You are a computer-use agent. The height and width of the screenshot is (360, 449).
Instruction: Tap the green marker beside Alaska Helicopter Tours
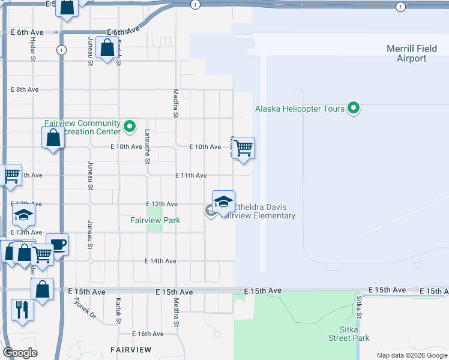[x=354, y=109]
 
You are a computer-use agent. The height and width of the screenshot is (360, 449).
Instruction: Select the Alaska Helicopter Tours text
[x=300, y=109]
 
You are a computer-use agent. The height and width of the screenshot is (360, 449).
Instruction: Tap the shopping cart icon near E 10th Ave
[x=243, y=147]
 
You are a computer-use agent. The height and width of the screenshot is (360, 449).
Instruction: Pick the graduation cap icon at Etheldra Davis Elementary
[x=223, y=201]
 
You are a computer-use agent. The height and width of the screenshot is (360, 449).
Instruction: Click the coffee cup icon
[x=58, y=244]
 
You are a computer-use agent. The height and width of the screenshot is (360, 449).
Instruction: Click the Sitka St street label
[x=358, y=307]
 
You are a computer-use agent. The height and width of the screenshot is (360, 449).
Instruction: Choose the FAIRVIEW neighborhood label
[x=130, y=349]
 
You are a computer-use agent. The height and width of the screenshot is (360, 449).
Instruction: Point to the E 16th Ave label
[x=148, y=334]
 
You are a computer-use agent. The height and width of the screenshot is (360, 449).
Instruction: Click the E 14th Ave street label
[x=160, y=261]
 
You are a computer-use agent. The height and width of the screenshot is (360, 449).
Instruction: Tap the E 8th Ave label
[x=25, y=89]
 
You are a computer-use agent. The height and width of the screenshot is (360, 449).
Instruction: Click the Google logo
[x=20, y=353]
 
